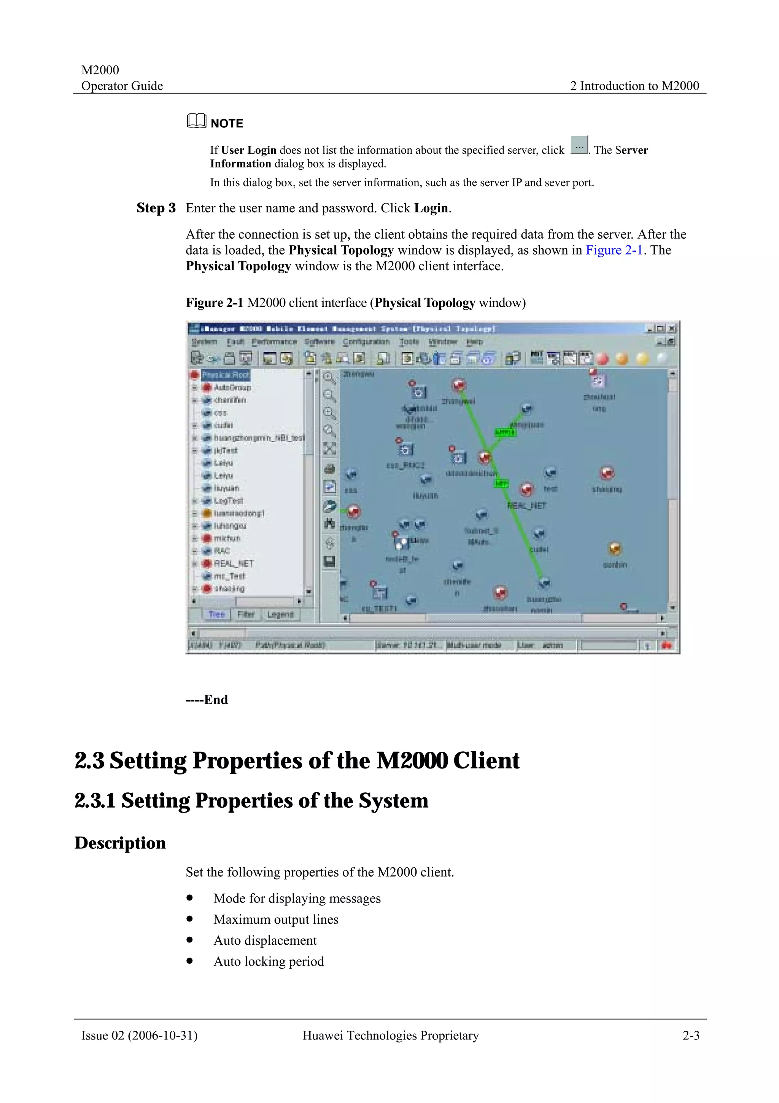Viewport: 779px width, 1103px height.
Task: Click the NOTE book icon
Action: tap(196, 121)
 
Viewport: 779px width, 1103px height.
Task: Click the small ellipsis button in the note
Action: tap(579, 145)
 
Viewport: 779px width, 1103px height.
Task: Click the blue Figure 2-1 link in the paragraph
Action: tap(614, 250)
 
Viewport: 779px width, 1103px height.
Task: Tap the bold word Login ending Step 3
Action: tap(431, 208)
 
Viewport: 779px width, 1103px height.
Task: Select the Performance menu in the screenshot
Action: tap(275, 341)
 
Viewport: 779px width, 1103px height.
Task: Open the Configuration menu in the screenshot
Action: tap(366, 341)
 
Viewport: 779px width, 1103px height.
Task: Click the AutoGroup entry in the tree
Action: tap(232, 387)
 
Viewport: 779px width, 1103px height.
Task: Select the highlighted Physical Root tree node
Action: tap(225, 375)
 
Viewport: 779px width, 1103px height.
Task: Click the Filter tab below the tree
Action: tap(246, 614)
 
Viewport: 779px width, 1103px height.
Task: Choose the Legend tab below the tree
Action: tap(280, 614)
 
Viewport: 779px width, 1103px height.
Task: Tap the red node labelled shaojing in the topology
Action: tap(607, 473)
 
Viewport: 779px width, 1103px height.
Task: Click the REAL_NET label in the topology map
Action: tap(526, 506)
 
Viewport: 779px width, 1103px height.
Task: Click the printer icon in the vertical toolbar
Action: tap(330, 469)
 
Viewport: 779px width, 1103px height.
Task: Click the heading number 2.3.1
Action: tap(95, 801)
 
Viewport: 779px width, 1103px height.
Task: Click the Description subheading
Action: tap(120, 843)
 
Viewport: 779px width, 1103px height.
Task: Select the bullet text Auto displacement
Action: tap(265, 940)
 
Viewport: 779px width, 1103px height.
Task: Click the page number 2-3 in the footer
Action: tap(691, 1036)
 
